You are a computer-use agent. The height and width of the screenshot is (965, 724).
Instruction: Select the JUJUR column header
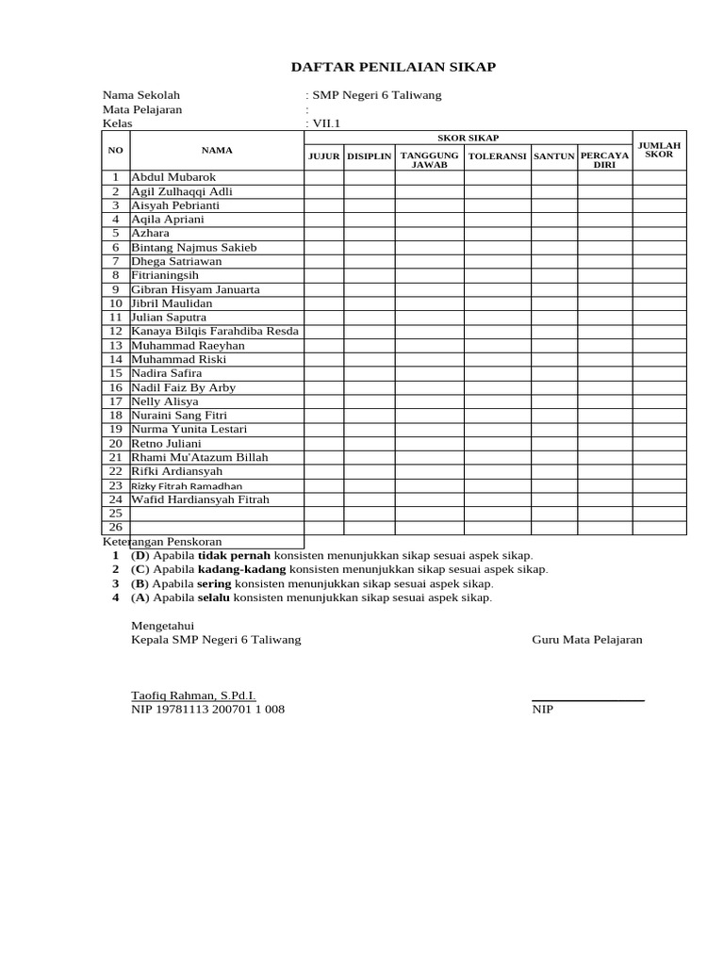pyautogui.click(x=323, y=156)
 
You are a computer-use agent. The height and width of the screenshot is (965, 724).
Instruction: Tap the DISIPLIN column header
pyautogui.click(x=369, y=156)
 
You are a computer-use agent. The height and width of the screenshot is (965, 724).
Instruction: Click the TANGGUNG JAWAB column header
pyautogui.click(x=429, y=159)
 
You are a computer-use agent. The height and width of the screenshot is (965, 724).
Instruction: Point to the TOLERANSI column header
pyautogui.click(x=497, y=156)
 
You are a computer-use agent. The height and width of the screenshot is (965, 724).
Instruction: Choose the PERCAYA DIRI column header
pyautogui.click(x=604, y=159)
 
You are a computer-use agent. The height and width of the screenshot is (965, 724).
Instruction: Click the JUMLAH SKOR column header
pyautogui.click(x=659, y=149)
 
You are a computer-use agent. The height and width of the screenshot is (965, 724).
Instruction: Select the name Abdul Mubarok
pyautogui.click(x=173, y=177)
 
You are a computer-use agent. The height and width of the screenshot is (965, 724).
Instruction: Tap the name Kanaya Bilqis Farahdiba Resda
pyautogui.click(x=215, y=331)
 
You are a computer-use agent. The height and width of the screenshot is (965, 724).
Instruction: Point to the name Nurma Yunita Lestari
pyautogui.click(x=189, y=429)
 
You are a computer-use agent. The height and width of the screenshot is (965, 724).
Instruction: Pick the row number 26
pyautogui.click(x=116, y=527)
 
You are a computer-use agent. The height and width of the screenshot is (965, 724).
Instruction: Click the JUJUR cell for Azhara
pyautogui.click(x=323, y=233)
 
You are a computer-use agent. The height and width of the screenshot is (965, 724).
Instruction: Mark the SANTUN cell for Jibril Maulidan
pyautogui.click(x=554, y=303)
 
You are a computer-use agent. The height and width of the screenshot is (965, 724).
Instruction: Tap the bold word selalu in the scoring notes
pyautogui.click(x=214, y=597)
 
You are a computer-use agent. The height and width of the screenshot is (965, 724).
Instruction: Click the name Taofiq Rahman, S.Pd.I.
pyautogui.click(x=193, y=695)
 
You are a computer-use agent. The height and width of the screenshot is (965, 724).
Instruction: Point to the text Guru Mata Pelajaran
pyautogui.click(x=587, y=639)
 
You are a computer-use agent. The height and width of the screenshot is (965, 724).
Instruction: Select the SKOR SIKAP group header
pyautogui.click(x=468, y=138)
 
